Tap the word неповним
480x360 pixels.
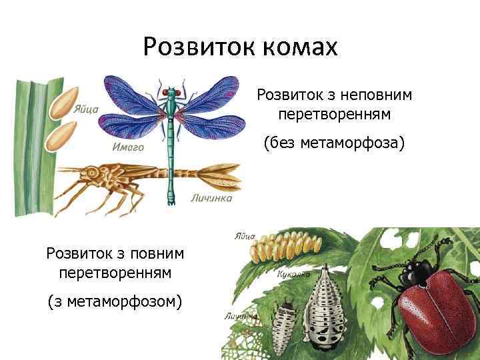(375, 95)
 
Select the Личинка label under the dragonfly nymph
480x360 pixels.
(211, 198)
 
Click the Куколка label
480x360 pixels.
(291, 275)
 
